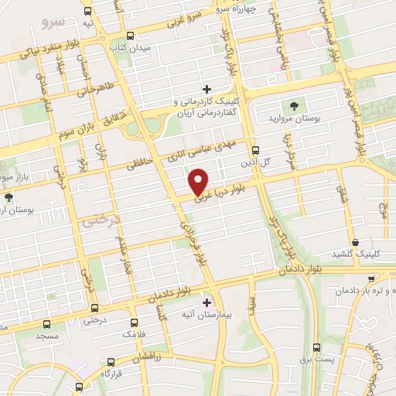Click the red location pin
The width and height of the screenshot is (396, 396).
[x=199, y=181]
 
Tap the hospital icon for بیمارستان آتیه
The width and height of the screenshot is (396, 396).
[x=206, y=302]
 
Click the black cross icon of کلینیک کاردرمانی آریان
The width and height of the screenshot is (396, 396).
[x=207, y=90]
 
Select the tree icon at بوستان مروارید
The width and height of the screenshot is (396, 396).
[x=293, y=106]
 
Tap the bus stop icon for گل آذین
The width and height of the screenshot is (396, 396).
[x=256, y=151]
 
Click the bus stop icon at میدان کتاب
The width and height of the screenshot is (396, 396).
[x=129, y=36]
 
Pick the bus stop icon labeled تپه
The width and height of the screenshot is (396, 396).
[x=88, y=11]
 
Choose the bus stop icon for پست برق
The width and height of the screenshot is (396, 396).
[x=316, y=348]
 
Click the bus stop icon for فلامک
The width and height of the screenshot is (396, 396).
[x=135, y=323]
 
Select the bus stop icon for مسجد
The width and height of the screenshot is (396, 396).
[x=47, y=324]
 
